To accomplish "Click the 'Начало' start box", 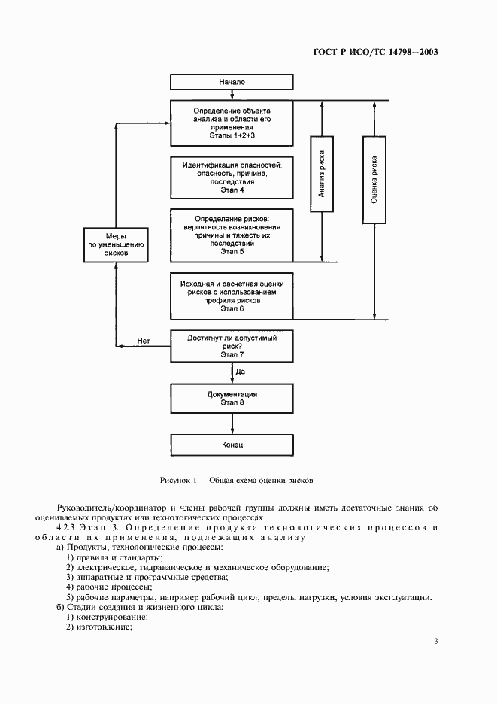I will click(x=232, y=81).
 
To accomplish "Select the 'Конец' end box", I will click(x=232, y=445).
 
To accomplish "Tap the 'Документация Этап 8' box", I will click(x=232, y=398).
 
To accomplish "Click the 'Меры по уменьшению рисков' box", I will click(x=116, y=244).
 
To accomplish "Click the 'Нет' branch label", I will click(x=144, y=341).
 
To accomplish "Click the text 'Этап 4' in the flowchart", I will click(x=232, y=190).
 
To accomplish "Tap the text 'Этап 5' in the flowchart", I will click(x=232, y=253).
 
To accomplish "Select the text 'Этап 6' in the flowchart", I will click(x=232, y=308).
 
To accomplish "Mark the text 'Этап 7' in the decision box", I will click(x=232, y=354).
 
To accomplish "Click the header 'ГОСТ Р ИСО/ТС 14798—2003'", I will click(x=375, y=53).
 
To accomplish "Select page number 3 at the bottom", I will click(x=435, y=641).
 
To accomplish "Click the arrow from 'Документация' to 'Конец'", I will click(x=232, y=423).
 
